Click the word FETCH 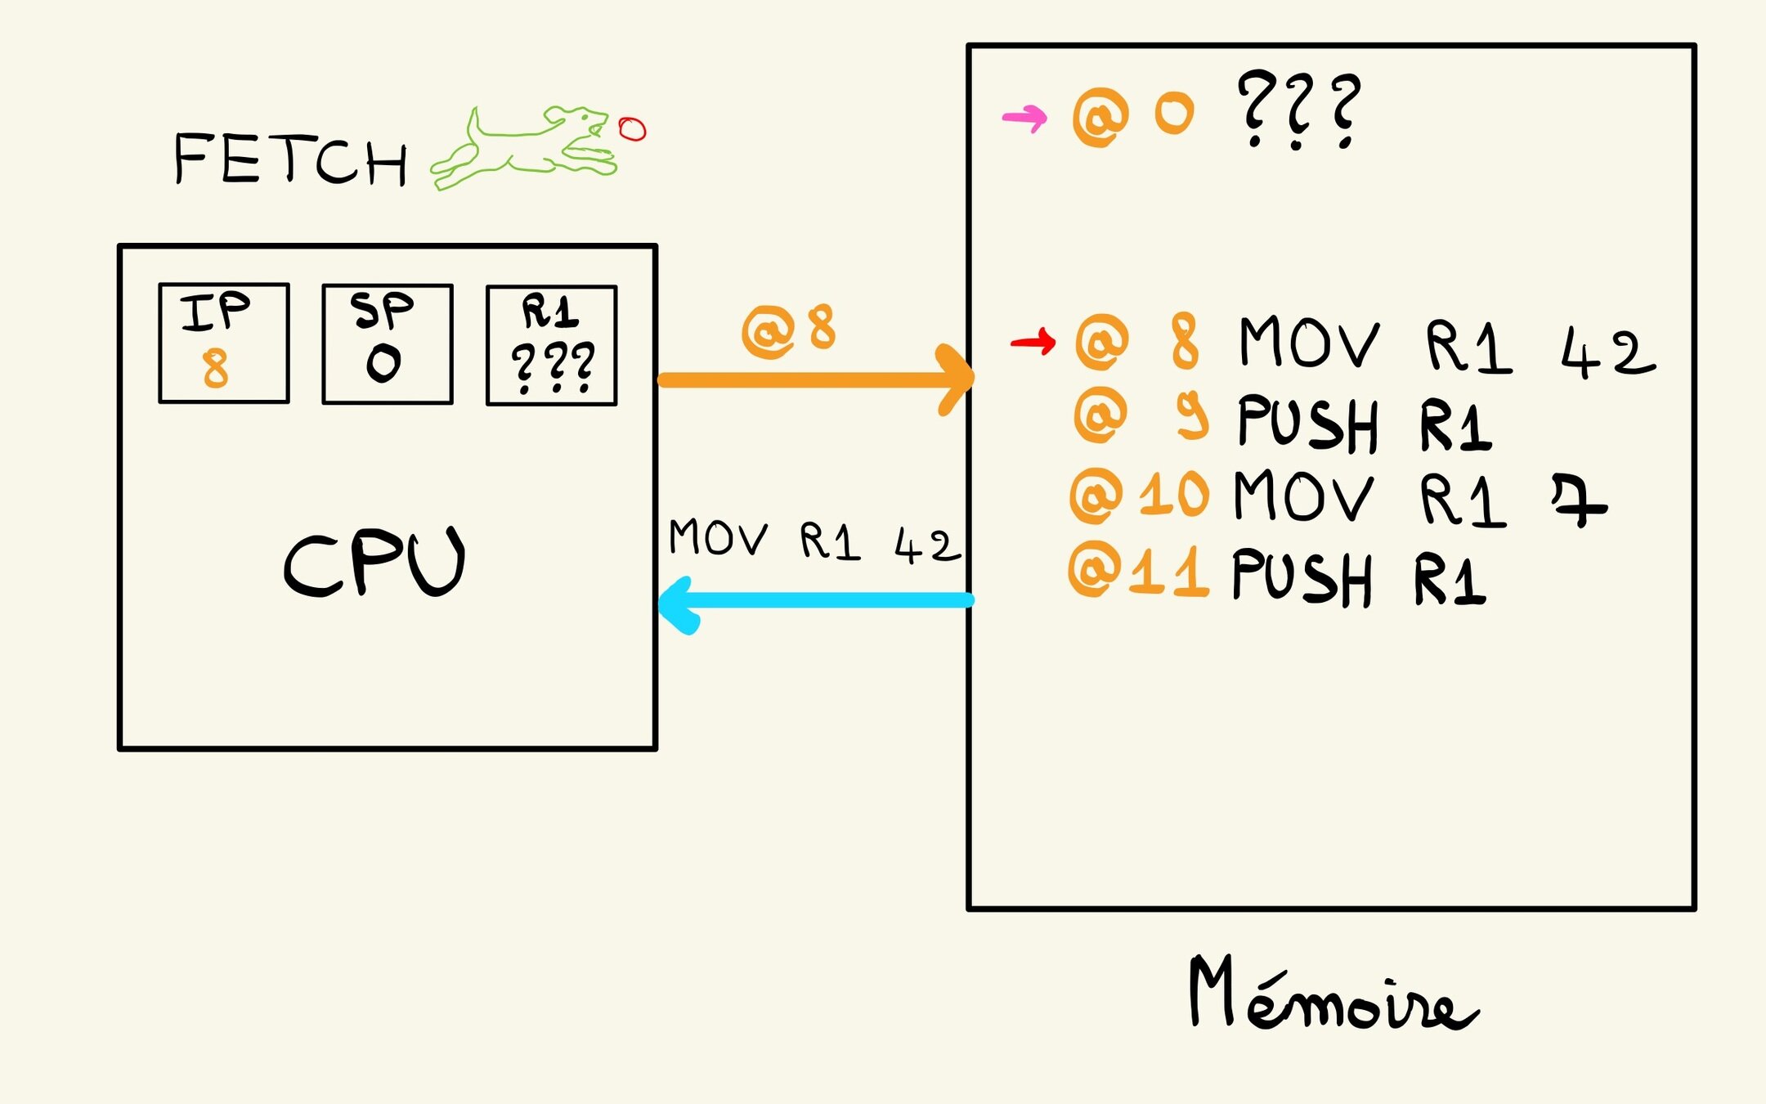pos(290,159)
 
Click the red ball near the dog pos(632,129)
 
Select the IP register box pos(224,343)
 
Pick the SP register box pos(388,343)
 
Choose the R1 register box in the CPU pos(552,345)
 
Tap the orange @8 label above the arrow pos(788,330)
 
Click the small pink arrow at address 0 pos(1024,118)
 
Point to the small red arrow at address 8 pos(1033,341)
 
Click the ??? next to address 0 pos(1298,109)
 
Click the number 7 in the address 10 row pos(1578,501)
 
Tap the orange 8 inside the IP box pos(216,368)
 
